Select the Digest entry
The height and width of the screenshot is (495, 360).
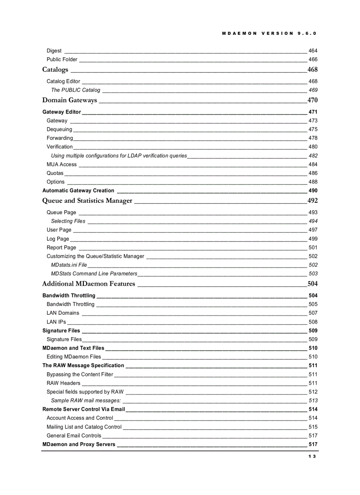[54, 51]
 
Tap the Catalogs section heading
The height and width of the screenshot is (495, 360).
[55, 70]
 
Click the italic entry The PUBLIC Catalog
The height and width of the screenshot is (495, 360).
[75, 90]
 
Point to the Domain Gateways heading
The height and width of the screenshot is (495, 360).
[69, 100]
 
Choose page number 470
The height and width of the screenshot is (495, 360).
[312, 100]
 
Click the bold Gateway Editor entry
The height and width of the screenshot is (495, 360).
[61, 112]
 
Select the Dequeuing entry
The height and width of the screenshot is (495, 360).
[60, 130]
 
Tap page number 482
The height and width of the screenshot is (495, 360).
[313, 156]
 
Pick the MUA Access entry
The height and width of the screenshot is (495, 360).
[62, 164]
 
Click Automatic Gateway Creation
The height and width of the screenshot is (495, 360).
[78, 191]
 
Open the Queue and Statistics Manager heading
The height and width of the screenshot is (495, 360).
[87, 201]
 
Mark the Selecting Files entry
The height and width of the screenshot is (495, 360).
[68, 221]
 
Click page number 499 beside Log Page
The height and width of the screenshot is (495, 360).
[313, 239]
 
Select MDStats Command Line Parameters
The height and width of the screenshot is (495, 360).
[94, 274]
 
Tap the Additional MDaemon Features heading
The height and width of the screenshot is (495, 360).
[89, 283]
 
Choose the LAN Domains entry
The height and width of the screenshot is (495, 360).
[63, 313]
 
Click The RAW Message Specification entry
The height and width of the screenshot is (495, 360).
[83, 365]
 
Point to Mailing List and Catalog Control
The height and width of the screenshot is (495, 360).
[84, 427]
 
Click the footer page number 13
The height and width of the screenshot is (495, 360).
[312, 457]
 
